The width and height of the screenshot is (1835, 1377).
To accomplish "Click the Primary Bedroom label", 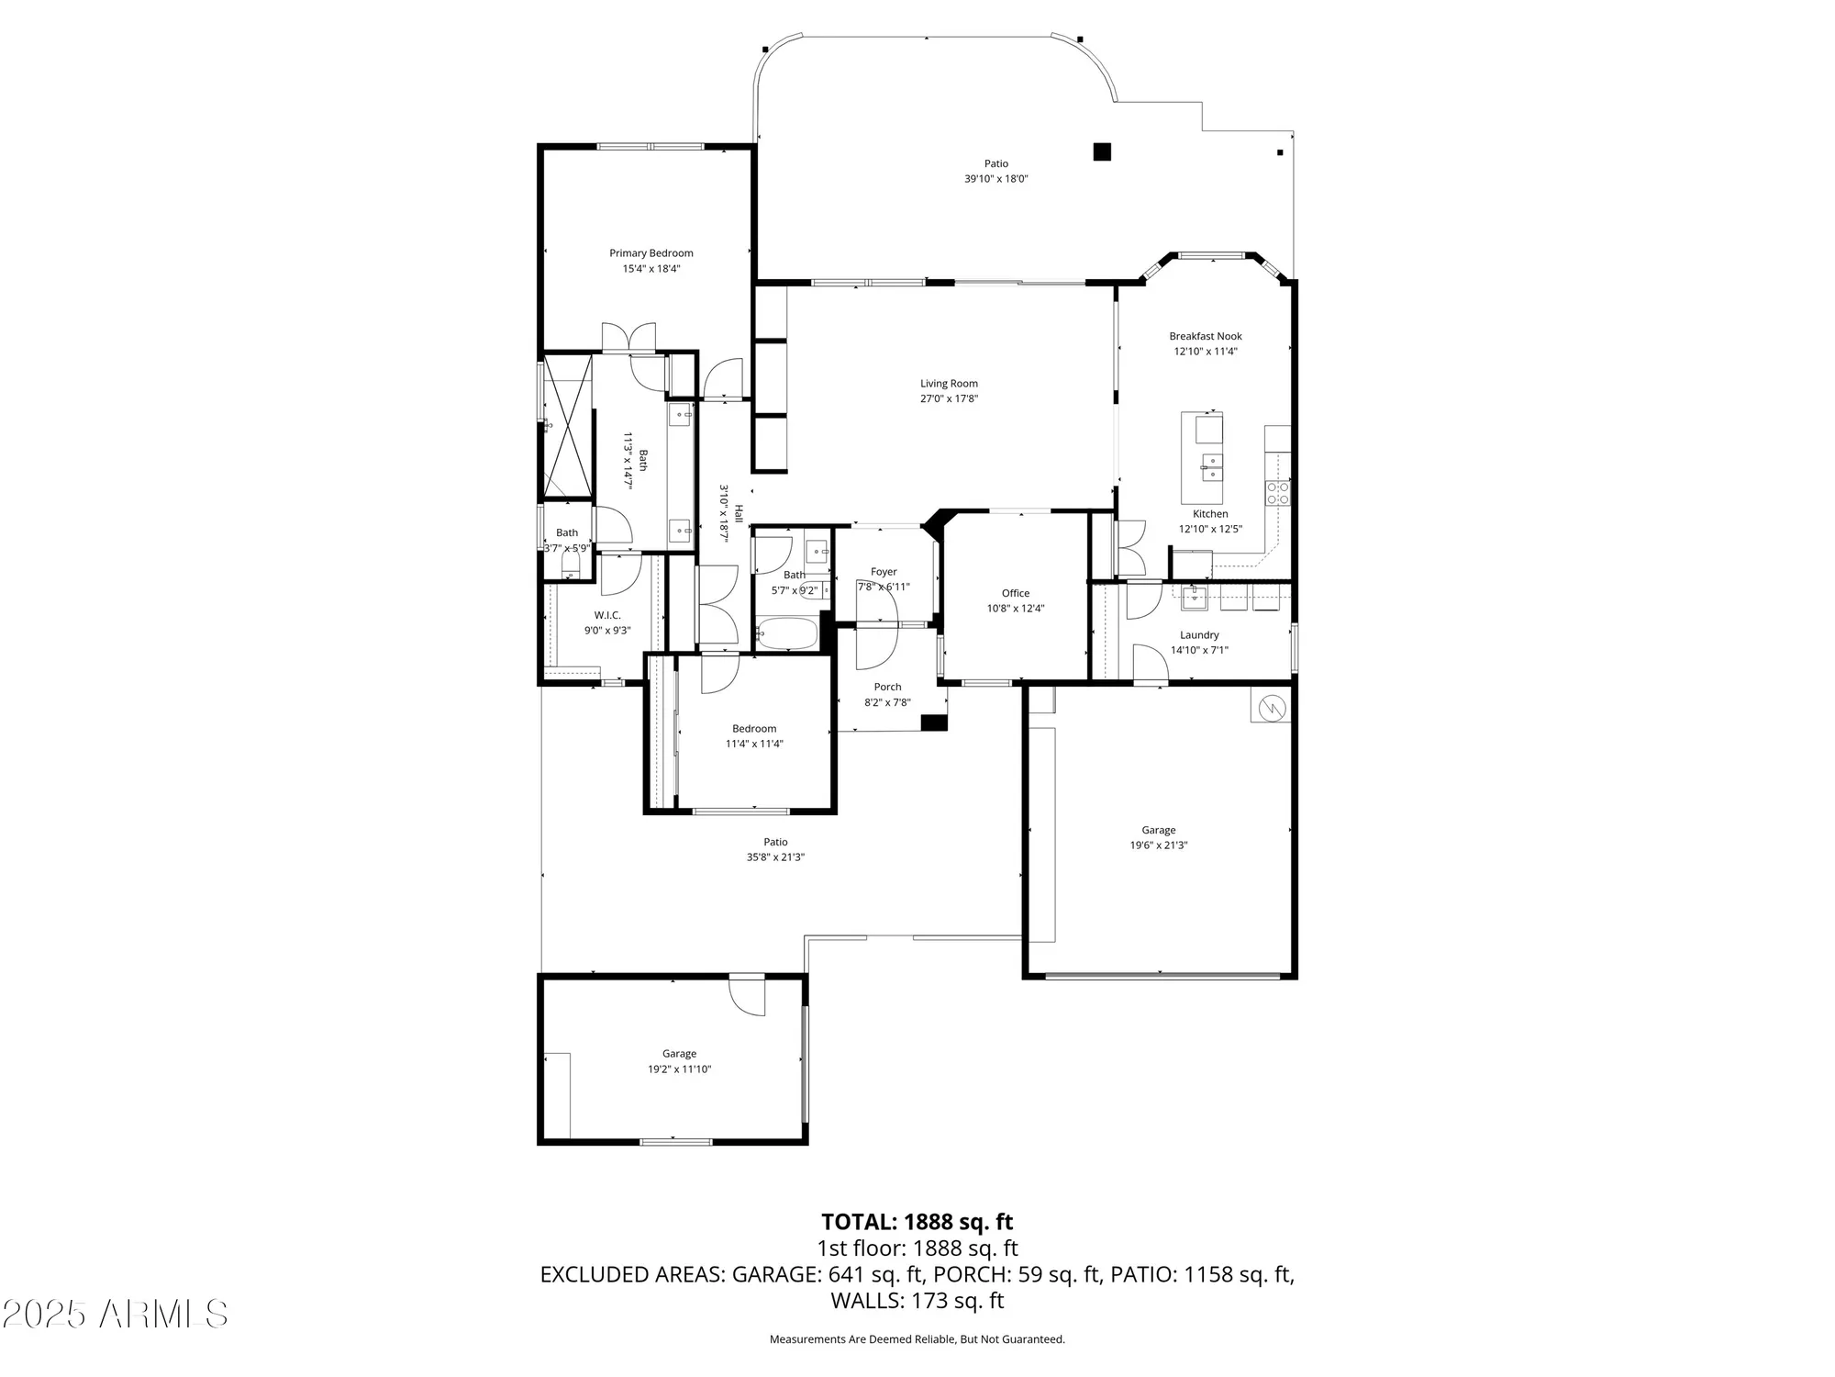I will [x=651, y=253].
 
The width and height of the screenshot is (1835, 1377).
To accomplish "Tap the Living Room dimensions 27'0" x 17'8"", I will [x=950, y=398].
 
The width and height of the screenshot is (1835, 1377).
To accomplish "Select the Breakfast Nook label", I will [x=1206, y=336].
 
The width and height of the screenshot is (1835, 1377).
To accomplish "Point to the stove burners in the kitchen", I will [x=1278, y=493].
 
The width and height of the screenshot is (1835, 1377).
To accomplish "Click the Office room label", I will [x=1016, y=593].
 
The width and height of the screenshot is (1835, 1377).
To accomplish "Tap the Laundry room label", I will [x=1199, y=635].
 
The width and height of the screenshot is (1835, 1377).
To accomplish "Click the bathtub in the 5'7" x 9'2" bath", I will [x=787, y=633].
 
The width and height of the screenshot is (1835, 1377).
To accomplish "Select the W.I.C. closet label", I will [x=607, y=615].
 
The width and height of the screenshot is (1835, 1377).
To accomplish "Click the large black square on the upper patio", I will [x=1102, y=152].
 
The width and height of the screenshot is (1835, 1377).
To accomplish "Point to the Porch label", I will [x=887, y=687].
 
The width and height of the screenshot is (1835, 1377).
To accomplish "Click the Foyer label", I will [x=884, y=572].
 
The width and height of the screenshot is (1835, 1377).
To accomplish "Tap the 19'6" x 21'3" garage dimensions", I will [x=1158, y=845].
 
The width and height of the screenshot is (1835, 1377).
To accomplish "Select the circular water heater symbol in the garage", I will [x=1273, y=708].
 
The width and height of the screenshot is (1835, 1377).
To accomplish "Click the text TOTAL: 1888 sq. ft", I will [x=917, y=1222].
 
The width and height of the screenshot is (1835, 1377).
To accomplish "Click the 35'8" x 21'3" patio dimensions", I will [x=775, y=857].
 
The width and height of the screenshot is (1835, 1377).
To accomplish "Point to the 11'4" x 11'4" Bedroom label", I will [x=754, y=729].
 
